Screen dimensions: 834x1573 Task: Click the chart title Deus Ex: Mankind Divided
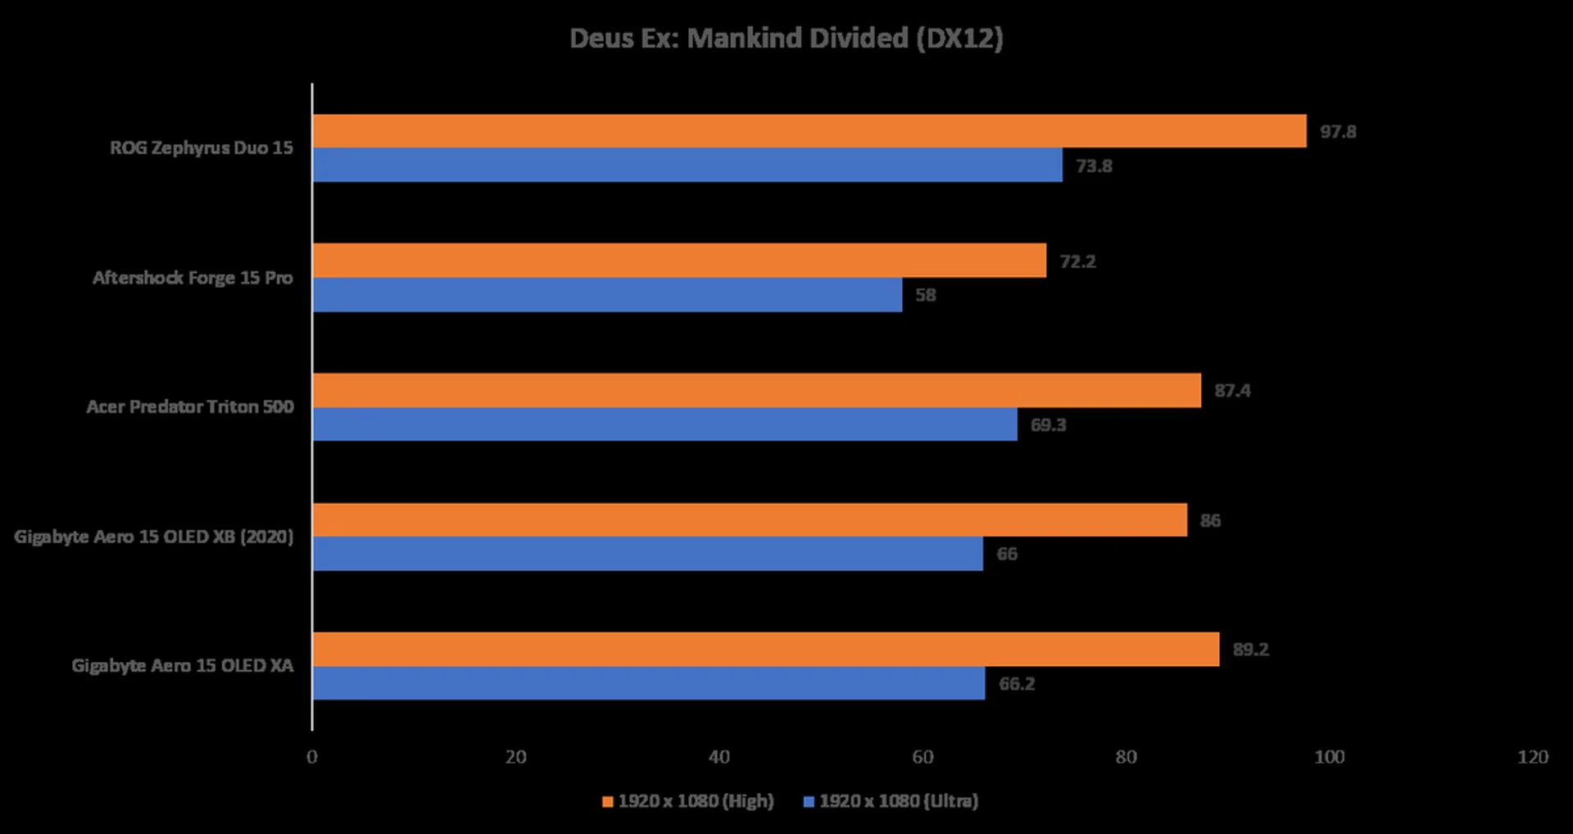[x=786, y=39]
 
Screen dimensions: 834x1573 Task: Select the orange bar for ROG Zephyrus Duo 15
[x=809, y=131]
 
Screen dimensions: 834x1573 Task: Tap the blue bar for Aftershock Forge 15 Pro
[x=607, y=295]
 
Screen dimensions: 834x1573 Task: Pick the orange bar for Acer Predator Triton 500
[x=757, y=391]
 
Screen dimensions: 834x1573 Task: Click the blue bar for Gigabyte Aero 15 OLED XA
[x=649, y=683]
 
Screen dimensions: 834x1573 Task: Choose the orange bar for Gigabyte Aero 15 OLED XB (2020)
[x=750, y=520]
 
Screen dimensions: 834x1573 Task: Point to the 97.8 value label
[x=1337, y=132]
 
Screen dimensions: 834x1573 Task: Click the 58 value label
[x=925, y=295]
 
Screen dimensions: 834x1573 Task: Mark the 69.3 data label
[x=1048, y=425]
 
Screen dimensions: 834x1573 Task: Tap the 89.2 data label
[x=1250, y=650]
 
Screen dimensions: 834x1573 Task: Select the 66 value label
[x=1006, y=555]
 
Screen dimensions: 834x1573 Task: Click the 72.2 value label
[x=1077, y=261]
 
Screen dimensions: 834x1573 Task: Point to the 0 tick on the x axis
[x=312, y=757]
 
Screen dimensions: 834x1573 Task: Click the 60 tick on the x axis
[x=922, y=757]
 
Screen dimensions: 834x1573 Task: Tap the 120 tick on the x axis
[x=1532, y=757]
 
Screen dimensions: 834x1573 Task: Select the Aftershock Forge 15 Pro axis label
[x=193, y=278]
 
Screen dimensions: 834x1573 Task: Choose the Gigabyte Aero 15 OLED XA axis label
[x=182, y=666]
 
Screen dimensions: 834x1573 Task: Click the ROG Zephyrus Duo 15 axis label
[x=202, y=148]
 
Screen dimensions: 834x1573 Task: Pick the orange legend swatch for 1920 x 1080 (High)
[x=608, y=802]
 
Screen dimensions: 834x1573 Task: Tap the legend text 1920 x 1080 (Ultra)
[x=899, y=801]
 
